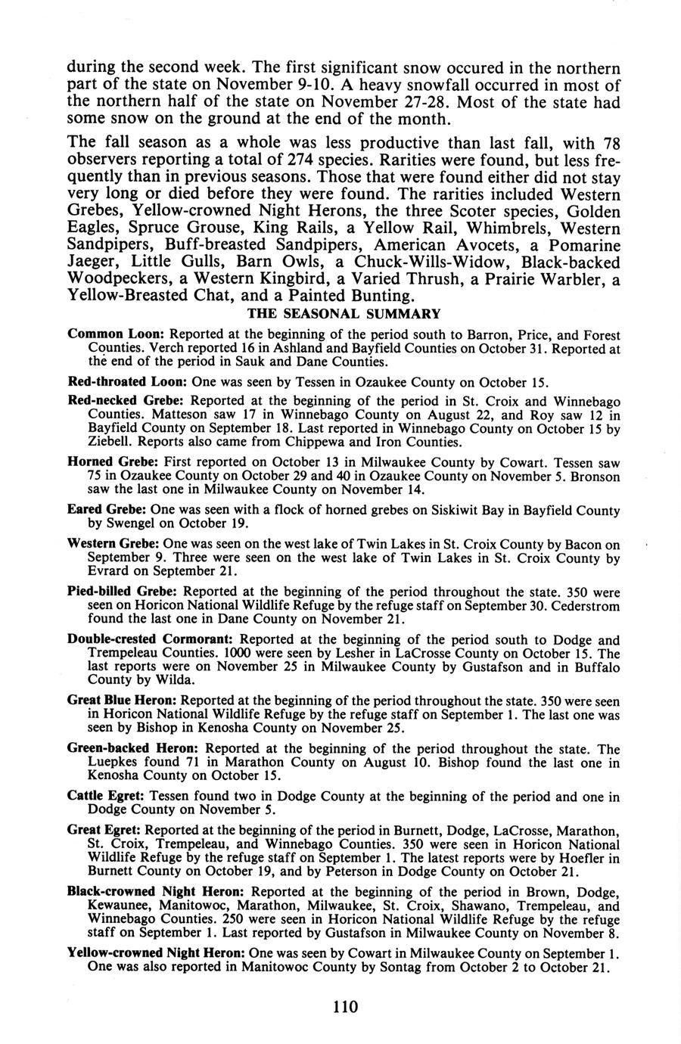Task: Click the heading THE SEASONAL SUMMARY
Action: pyautogui.click(x=344, y=313)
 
